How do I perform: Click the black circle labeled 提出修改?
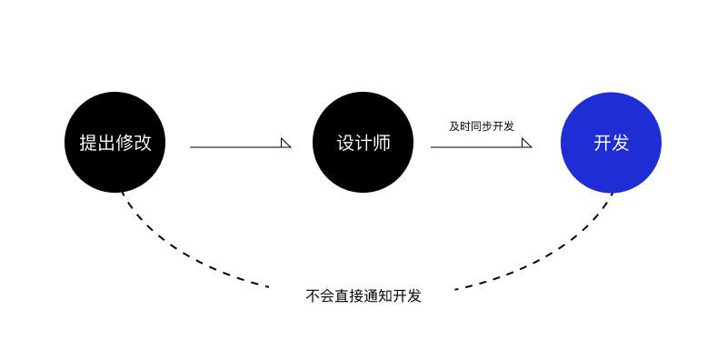pos(115,142)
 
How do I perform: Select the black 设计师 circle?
pos(363,142)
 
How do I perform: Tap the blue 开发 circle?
pos(611,143)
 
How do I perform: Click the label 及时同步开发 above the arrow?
pos(482,126)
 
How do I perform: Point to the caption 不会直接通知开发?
pos(363,295)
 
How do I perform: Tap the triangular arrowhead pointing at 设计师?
pos(285,143)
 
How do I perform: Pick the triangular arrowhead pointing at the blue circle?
pos(526,143)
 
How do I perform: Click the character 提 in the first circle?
pos(88,143)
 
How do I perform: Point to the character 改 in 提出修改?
pos(143,143)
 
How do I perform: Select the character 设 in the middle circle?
pos(345,143)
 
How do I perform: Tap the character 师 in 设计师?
pos(381,143)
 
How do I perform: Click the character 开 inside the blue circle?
pos(603,143)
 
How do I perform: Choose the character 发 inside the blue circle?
pos(620,143)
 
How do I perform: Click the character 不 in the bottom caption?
pos(313,296)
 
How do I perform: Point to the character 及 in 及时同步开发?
pos(453,126)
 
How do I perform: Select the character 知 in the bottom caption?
pos(384,296)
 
